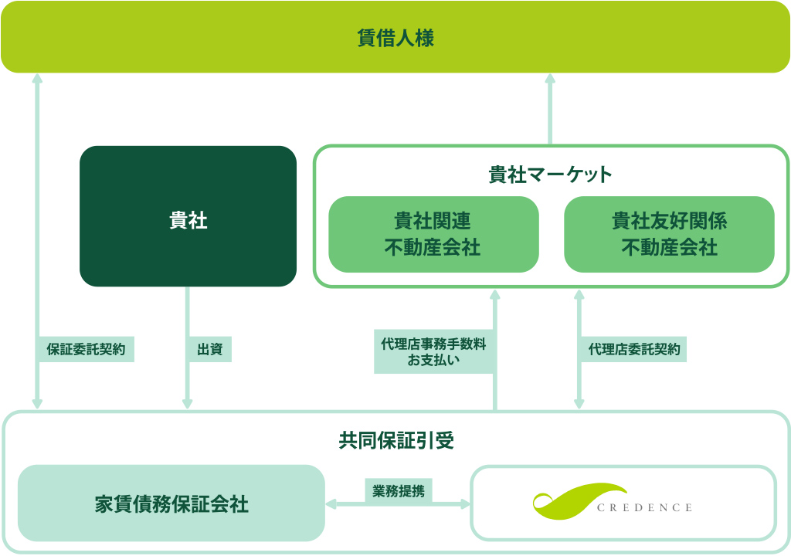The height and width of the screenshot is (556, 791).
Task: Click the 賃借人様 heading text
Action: point(395,38)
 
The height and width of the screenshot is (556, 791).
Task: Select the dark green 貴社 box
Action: point(188,216)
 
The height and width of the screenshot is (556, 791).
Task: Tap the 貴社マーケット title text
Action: point(550,175)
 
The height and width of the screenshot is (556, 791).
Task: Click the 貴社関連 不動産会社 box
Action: point(434,235)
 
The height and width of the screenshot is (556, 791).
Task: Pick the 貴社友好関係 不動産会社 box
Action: point(669,235)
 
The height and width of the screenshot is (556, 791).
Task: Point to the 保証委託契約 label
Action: point(86,349)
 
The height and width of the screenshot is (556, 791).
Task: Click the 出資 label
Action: point(209,349)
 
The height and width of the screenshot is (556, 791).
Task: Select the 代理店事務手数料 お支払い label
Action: point(434,351)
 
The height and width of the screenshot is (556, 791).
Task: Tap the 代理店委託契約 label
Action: point(634,349)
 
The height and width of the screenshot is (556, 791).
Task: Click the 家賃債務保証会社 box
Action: point(171,503)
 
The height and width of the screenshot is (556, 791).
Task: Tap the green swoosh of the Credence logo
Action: point(579,500)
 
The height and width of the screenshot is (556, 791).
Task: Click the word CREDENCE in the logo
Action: point(644,507)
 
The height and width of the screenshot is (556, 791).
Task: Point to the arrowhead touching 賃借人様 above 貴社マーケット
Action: point(550,79)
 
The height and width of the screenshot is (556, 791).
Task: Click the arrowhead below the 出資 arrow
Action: point(188,404)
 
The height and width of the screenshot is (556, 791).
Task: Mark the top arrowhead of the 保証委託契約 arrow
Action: point(37,79)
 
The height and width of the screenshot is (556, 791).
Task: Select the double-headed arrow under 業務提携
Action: point(398,504)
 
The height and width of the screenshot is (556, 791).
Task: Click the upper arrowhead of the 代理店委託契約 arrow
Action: point(579,295)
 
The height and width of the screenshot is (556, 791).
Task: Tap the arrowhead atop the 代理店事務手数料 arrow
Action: point(495,295)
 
